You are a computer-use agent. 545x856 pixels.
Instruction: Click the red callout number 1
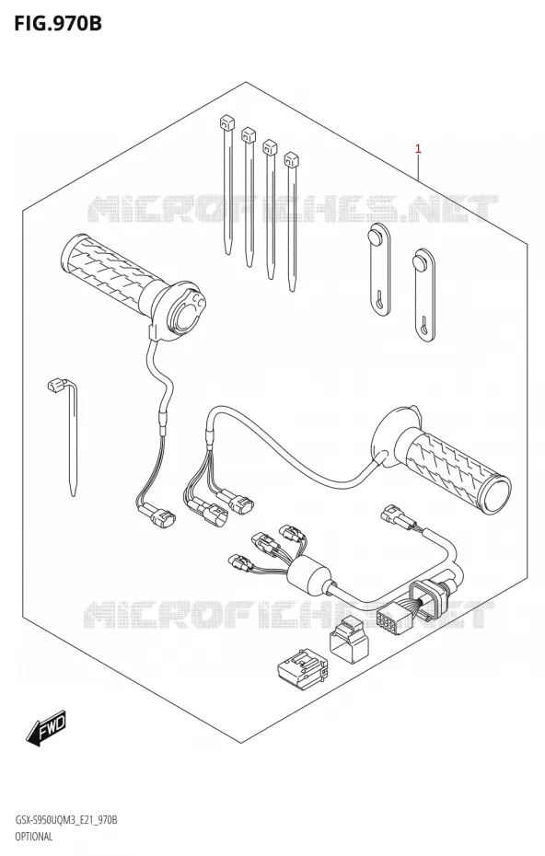(418, 148)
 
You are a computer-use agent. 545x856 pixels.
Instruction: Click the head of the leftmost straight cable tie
(226, 122)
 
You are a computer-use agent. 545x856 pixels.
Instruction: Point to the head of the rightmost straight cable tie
(291, 159)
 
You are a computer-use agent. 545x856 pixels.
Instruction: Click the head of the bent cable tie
(54, 387)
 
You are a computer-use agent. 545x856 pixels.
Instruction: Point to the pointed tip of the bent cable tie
(74, 493)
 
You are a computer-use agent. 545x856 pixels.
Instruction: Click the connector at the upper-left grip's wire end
(157, 513)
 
